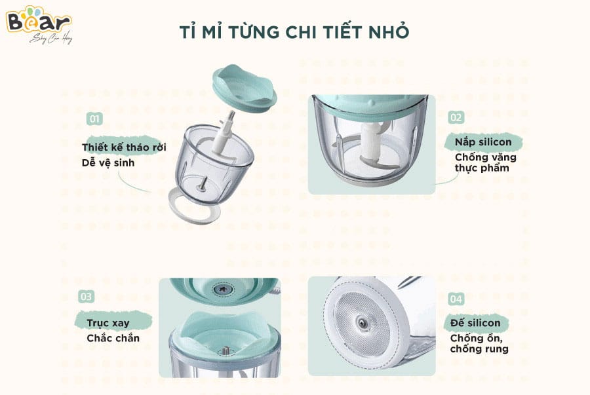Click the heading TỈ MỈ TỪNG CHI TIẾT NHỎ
294,33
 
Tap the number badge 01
95,119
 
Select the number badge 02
456,117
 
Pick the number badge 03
87,297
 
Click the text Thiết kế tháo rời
124,147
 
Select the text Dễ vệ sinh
108,162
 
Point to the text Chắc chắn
113,338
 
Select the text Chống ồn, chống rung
479,343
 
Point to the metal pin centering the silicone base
359,322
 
